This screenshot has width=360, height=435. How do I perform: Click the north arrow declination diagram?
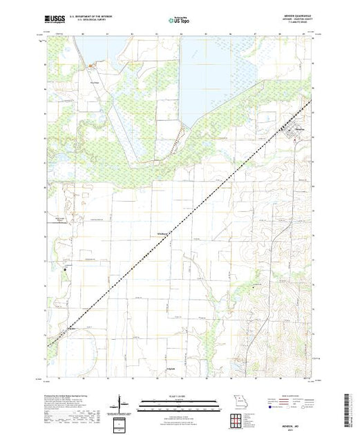click(122, 404)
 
